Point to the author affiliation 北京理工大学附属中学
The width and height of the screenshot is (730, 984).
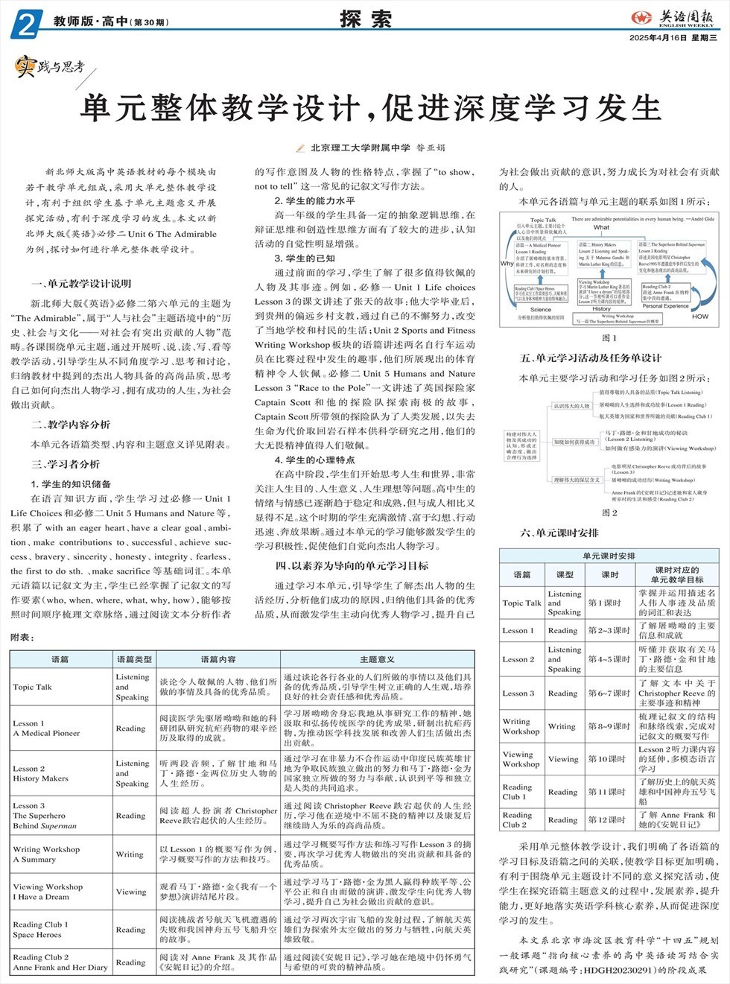(x=360, y=147)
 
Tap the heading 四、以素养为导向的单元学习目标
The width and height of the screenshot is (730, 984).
(x=352, y=565)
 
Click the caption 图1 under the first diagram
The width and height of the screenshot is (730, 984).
(x=609, y=338)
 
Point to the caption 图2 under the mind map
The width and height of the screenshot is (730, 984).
(x=609, y=512)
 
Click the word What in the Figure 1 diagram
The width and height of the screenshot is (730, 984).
(x=601, y=228)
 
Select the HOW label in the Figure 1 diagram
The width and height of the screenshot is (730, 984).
(x=699, y=316)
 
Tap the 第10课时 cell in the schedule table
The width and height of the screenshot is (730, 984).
(x=609, y=759)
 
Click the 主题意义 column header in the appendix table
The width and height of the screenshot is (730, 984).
(x=377, y=659)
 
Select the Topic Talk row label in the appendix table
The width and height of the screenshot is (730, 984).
(x=33, y=687)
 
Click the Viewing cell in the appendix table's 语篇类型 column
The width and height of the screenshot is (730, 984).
(x=131, y=892)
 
